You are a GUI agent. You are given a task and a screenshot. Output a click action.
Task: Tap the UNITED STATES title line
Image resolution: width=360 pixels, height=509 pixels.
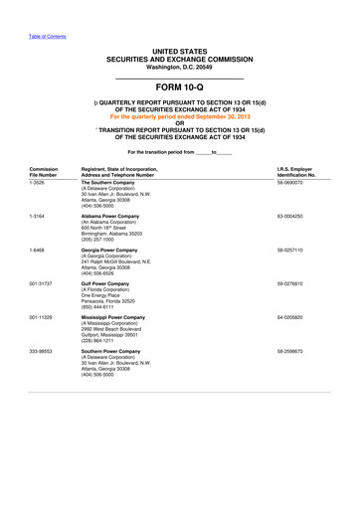(179, 49)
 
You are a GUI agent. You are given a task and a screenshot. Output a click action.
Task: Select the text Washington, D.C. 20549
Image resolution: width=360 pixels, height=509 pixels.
(179, 66)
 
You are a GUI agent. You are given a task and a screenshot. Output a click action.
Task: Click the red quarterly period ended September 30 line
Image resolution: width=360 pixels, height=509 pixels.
(180, 116)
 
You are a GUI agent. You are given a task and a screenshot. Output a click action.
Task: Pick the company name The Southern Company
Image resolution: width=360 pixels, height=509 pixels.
(112, 183)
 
